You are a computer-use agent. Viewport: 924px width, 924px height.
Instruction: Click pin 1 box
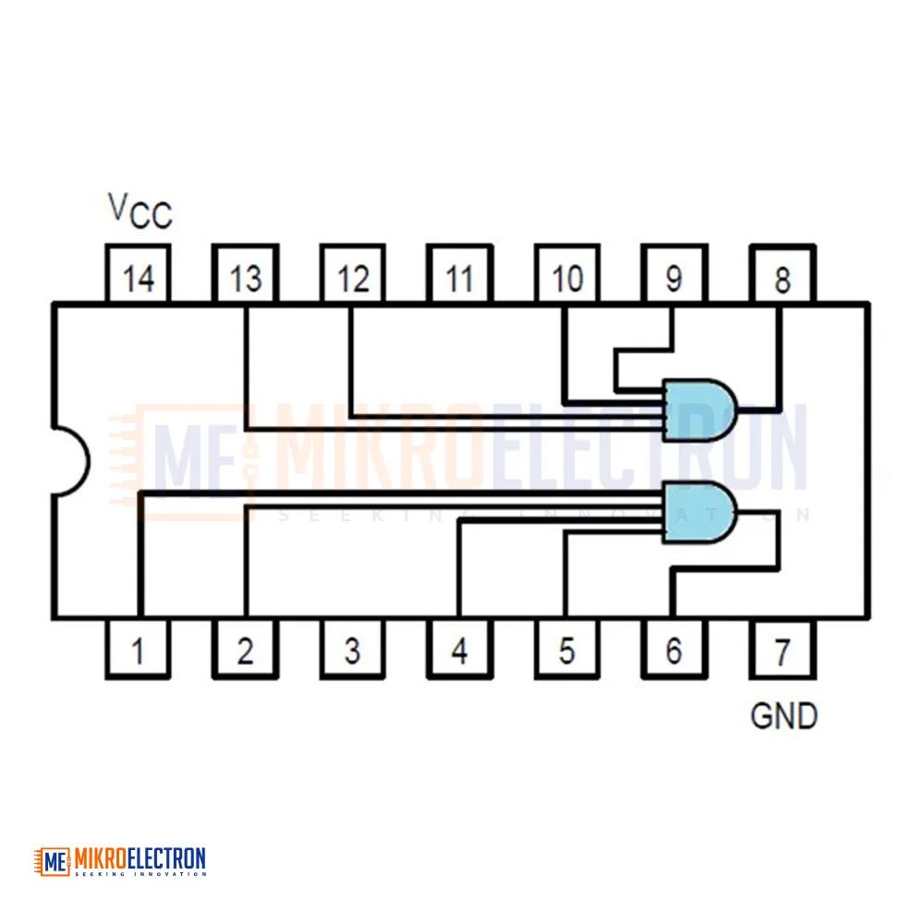pos(138,649)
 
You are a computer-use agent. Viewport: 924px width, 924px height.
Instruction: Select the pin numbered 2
pos(245,649)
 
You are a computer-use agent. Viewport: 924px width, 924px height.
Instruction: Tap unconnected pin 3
pos(352,649)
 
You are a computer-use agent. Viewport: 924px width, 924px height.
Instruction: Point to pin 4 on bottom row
pos(459,649)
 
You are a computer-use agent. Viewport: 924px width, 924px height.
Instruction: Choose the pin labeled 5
pos(567,649)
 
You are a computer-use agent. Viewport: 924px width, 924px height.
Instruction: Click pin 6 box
pos(675,649)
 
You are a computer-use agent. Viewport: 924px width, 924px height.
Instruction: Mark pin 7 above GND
pos(783,649)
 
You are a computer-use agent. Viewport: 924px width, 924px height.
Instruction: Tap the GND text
pos(784,716)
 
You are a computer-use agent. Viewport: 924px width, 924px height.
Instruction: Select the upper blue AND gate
pos(699,410)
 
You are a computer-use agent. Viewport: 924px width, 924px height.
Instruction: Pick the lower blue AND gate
pos(699,512)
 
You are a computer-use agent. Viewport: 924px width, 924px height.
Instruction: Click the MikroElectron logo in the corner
pos(120,861)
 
